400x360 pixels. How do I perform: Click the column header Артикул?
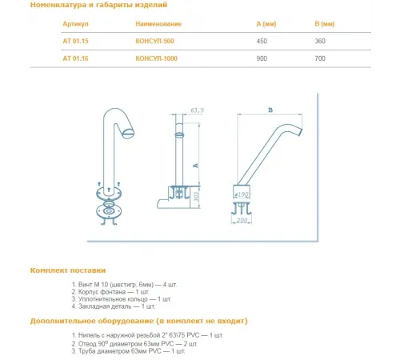coord(75,24)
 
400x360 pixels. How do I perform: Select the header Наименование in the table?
coord(158,24)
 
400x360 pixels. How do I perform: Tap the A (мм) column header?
coord(266,24)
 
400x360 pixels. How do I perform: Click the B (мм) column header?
coord(324,24)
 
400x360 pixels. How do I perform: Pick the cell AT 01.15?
coord(75,41)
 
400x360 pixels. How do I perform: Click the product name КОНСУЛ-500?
coord(154,41)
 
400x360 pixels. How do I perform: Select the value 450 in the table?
coord(262,41)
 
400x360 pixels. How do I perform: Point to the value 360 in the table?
coord(320,41)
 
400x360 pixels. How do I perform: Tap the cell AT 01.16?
coord(75,58)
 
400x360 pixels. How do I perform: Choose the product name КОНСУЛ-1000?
coord(156,58)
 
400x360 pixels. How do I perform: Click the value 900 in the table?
coord(262,58)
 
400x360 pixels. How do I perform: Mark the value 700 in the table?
coord(320,58)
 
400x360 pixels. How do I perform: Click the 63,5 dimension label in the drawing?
coord(198,110)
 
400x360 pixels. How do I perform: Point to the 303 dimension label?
coord(197,197)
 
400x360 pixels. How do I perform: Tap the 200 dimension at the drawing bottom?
coord(242,220)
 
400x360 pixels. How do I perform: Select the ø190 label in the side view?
coord(242,194)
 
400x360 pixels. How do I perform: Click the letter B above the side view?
coord(270,110)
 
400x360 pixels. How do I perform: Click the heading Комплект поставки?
coord(68,270)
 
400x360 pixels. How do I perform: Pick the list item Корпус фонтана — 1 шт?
coord(110,292)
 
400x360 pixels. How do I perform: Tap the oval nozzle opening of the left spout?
coord(128,134)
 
